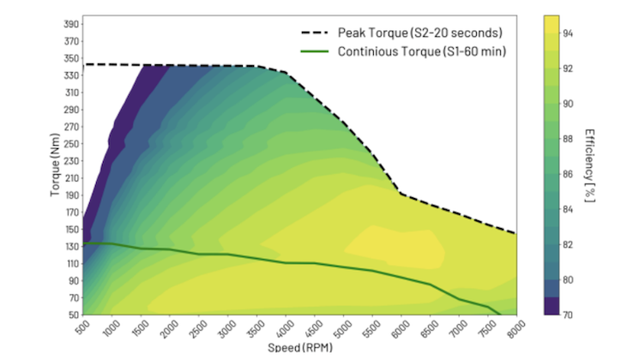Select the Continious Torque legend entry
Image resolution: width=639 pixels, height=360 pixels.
(421, 52)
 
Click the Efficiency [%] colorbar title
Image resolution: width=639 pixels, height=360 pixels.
(590, 165)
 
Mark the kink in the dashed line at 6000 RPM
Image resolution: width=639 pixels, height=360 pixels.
(401, 194)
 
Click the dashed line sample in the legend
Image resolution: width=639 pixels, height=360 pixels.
(314, 33)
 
